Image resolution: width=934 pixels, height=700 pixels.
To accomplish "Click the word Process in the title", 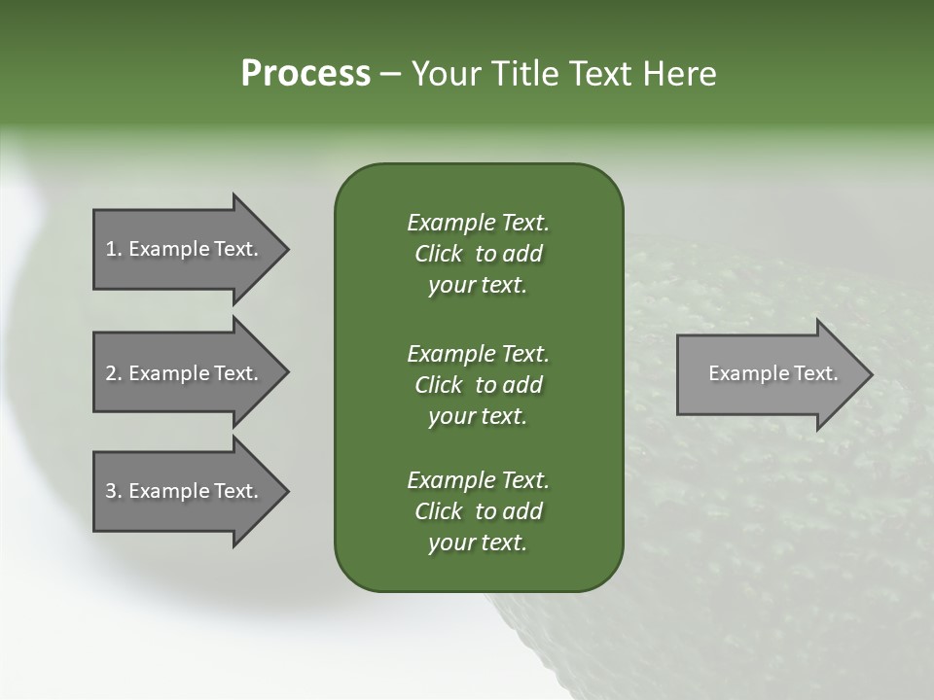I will point(305,74).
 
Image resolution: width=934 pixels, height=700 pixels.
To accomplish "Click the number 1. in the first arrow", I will point(114,249).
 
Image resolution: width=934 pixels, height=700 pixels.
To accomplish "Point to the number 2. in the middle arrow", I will point(114,373).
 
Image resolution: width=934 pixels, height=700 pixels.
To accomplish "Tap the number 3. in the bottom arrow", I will point(114,491).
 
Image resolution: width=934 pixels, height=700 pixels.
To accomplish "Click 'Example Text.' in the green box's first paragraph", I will point(478,223).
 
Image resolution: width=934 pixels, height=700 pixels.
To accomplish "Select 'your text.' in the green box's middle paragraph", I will point(478,416).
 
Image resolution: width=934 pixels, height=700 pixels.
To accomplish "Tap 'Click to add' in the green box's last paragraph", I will point(478,511).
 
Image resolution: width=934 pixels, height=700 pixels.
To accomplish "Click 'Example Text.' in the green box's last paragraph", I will point(478,480).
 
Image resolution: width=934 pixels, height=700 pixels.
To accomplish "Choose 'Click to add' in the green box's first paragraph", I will point(478,254).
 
